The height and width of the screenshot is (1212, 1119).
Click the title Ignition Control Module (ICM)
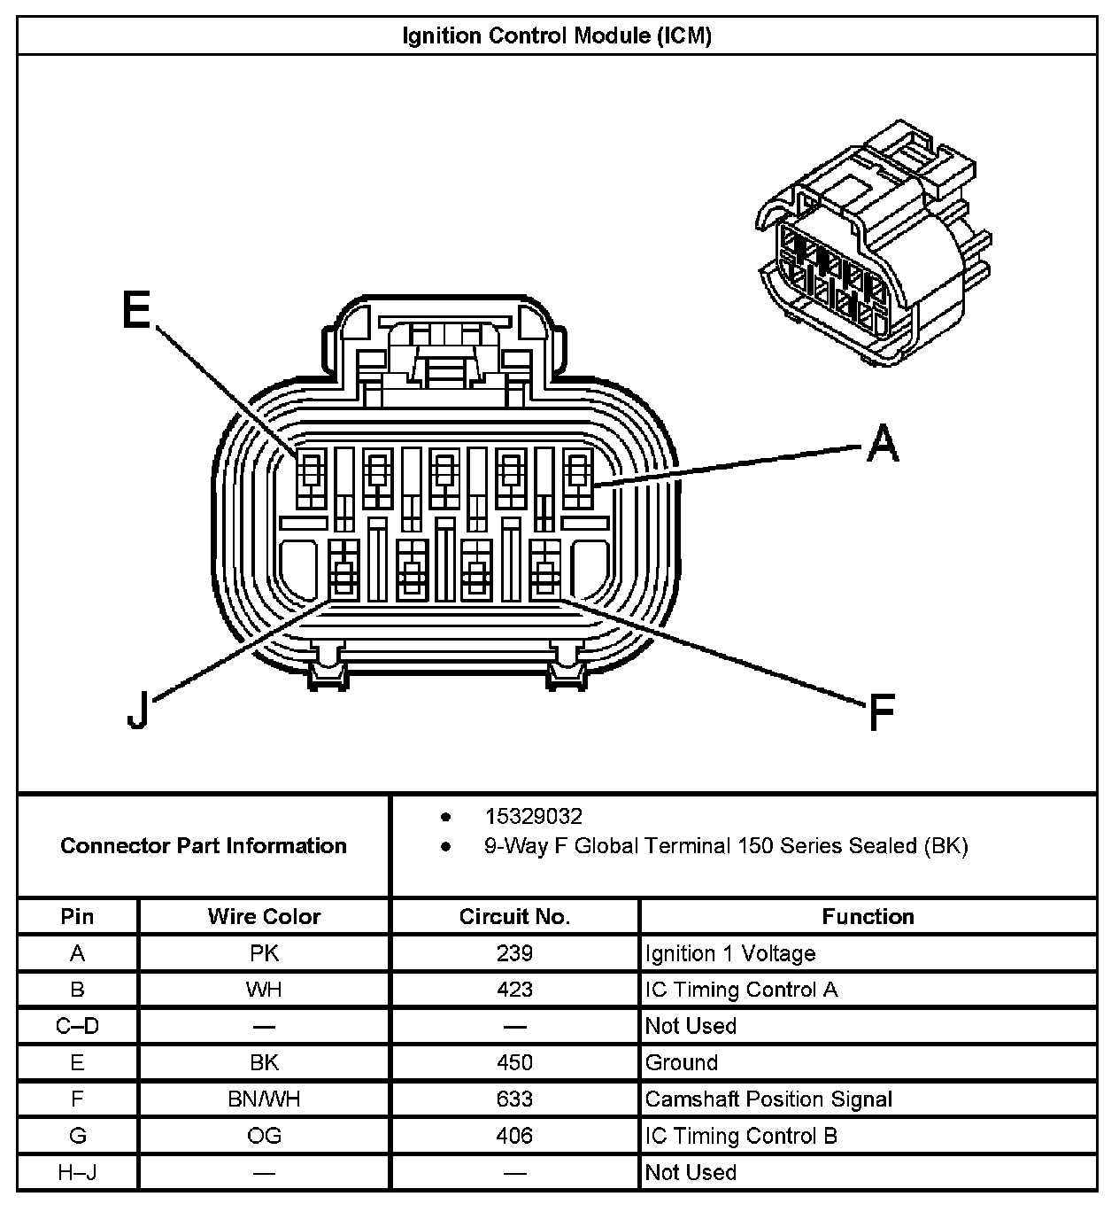(x=557, y=36)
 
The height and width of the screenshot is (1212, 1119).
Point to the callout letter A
(x=883, y=443)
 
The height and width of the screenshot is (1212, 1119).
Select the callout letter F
(x=882, y=712)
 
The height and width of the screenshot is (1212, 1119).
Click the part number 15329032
(x=533, y=816)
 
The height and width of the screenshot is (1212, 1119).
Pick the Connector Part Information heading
(x=204, y=845)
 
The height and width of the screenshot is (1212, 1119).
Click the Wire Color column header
(x=264, y=916)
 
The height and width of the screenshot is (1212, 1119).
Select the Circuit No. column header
(x=514, y=916)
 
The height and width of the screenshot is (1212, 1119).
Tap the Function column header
(x=868, y=916)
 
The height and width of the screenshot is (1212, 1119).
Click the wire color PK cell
(x=264, y=953)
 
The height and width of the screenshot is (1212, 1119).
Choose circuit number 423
(x=514, y=990)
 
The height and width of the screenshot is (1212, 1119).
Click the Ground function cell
(x=682, y=1062)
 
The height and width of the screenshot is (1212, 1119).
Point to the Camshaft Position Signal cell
(x=768, y=1099)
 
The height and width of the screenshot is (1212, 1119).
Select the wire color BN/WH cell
(x=264, y=1099)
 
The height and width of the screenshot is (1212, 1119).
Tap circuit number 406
(x=514, y=1136)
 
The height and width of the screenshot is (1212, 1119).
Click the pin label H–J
(x=77, y=1173)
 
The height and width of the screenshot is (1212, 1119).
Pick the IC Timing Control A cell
(x=741, y=990)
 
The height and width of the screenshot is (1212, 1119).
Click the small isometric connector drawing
(x=872, y=244)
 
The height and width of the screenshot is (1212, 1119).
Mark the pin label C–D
(x=77, y=1026)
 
